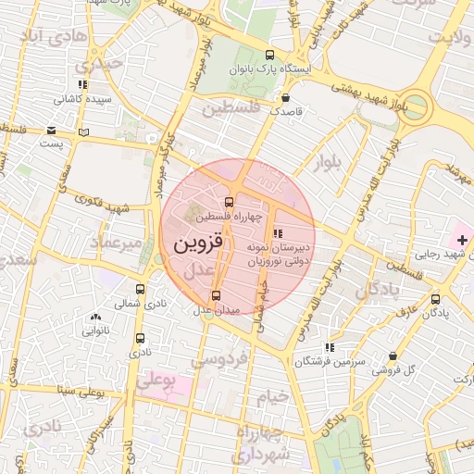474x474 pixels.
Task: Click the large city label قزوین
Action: pos(198,244)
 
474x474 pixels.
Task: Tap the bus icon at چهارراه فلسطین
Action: pos(229,203)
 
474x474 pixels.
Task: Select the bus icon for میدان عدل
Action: pos(217,295)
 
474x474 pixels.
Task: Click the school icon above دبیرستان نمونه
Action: pos(279,233)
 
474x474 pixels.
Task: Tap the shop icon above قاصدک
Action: pos(286,95)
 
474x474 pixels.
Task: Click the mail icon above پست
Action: pos(52,131)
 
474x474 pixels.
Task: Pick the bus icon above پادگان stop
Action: pos(436,299)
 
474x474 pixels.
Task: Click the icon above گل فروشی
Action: pos(393,355)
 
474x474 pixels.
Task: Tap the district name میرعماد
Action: pos(117,243)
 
